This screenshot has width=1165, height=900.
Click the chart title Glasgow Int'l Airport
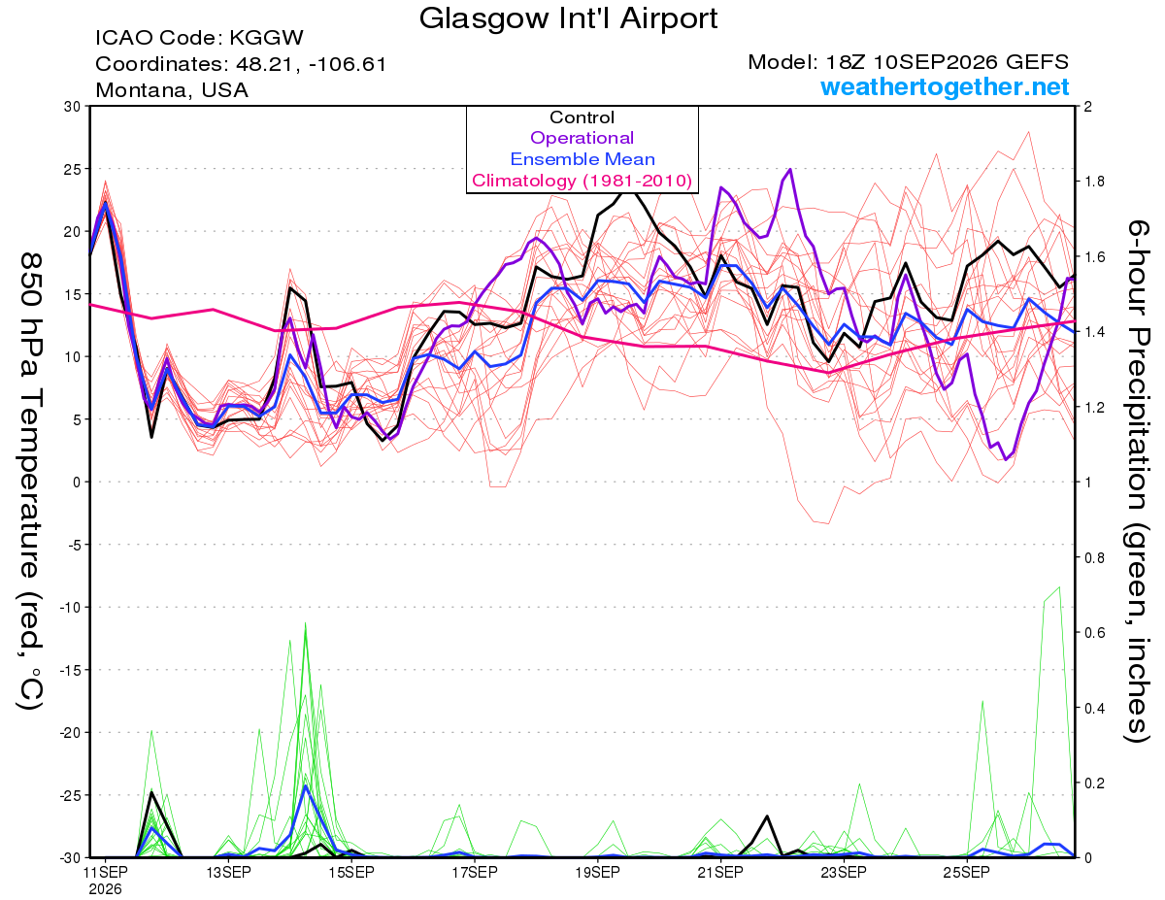[x=568, y=18]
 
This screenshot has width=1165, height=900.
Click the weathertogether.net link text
[x=945, y=86]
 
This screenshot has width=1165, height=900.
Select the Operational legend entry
[x=582, y=138]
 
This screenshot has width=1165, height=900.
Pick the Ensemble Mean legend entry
[x=582, y=159]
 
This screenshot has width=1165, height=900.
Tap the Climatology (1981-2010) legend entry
[x=582, y=181]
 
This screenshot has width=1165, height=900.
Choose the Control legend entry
[x=582, y=117]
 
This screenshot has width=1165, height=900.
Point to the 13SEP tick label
[x=228, y=872]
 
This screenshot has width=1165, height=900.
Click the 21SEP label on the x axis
[x=720, y=872]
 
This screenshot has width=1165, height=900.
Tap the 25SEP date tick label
[x=967, y=872]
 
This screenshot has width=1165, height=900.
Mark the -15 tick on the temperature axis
[x=71, y=670]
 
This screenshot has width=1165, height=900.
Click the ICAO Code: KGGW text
[x=199, y=38]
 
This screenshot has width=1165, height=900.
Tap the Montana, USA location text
[x=172, y=90]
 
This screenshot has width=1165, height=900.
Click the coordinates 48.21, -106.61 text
[x=241, y=64]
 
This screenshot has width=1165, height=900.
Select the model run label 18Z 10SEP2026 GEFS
[x=908, y=62]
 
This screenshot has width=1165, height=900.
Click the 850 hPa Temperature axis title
[x=31, y=482]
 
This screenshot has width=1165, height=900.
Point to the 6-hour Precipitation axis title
[x=1137, y=482]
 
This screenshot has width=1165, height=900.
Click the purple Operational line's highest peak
[x=790, y=169]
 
